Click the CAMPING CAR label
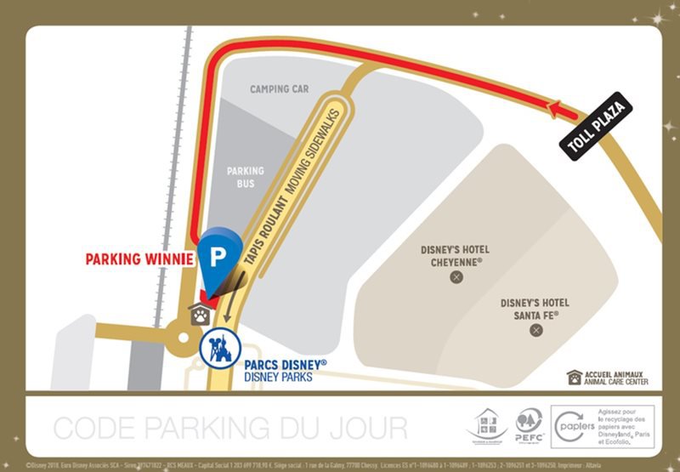point(279,89)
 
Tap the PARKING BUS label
point(245,176)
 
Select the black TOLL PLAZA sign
point(596,126)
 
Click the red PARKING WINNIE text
point(139,259)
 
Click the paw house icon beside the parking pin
point(200,314)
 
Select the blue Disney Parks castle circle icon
point(219,350)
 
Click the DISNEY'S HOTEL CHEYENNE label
point(456,256)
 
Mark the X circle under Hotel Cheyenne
point(456,277)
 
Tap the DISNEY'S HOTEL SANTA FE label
point(535,308)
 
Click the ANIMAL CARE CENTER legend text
point(614,377)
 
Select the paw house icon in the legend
point(575,377)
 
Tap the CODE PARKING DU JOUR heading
point(229,426)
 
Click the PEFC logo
point(529,424)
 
